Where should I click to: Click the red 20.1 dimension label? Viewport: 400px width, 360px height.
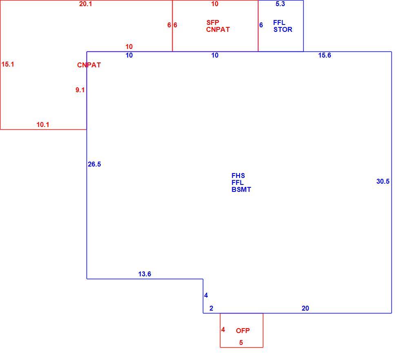click(85, 4)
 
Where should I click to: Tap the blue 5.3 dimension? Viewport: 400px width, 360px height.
click(280, 4)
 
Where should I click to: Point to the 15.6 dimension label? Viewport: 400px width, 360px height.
click(324, 56)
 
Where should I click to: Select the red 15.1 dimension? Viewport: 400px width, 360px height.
click(8, 64)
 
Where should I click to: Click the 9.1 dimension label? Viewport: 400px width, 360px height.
click(80, 90)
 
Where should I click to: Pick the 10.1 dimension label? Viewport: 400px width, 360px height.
click(43, 125)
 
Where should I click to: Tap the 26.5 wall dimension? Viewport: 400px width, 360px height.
click(94, 164)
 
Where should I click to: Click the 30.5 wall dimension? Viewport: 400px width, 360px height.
click(383, 181)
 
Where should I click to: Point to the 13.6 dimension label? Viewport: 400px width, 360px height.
click(144, 274)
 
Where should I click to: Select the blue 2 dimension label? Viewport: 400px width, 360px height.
click(211, 309)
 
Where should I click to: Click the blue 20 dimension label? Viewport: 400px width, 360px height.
click(305, 309)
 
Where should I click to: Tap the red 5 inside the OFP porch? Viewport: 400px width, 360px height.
click(241, 342)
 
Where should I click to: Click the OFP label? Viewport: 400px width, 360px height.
click(242, 331)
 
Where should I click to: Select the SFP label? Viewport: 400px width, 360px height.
click(213, 22)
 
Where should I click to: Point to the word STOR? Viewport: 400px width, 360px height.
click(283, 30)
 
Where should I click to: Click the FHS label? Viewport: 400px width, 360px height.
click(238, 176)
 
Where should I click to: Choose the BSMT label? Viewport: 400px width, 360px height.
click(241, 189)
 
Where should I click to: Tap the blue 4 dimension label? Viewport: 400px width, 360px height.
click(206, 296)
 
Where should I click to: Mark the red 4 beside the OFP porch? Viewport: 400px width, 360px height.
click(223, 330)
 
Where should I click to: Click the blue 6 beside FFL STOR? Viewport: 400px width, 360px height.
click(261, 25)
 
